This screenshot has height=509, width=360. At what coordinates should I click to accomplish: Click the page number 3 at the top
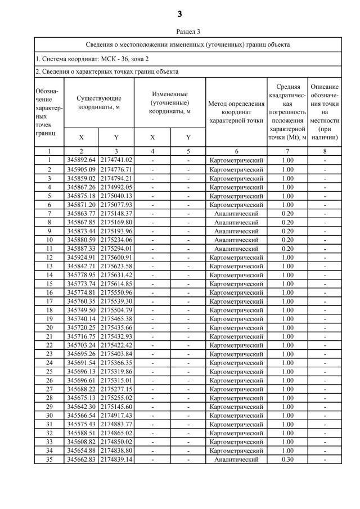pos(180,13)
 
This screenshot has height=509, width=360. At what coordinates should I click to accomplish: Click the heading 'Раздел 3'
pos(180,32)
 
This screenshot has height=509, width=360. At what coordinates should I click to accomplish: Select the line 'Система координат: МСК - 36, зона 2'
pos(92,58)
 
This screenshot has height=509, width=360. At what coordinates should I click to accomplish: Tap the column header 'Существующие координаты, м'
pos(99,102)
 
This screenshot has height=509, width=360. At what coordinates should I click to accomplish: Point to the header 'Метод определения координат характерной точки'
pos(236,111)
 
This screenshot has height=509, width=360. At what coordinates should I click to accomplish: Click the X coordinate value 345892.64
pos(82,160)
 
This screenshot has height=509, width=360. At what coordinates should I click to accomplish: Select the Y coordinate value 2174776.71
pos(116,169)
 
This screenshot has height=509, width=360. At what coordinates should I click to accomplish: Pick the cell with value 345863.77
pos(82,214)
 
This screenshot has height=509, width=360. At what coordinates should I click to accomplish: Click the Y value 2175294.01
pos(116,249)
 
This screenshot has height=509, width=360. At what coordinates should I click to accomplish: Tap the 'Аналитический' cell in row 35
pos(236,460)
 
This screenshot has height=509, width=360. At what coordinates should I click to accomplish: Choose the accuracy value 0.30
pos(288,460)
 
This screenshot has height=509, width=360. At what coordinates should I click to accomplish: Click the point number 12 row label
pos(49,258)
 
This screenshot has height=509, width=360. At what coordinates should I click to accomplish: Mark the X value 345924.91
pos(82,258)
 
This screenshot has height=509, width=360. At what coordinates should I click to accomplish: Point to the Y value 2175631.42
pos(116,276)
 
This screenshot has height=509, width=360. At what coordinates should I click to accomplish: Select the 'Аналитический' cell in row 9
pos(236,231)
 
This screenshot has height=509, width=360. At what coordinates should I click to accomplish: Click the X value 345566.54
pos(82,415)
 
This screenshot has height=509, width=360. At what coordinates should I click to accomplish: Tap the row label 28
pos(49,398)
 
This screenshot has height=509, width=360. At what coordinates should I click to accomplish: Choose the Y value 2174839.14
pos(116,460)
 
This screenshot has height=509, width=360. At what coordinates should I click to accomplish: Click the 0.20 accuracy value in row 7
pos(288,214)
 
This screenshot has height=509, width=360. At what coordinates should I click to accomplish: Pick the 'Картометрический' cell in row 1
pos(236,160)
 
